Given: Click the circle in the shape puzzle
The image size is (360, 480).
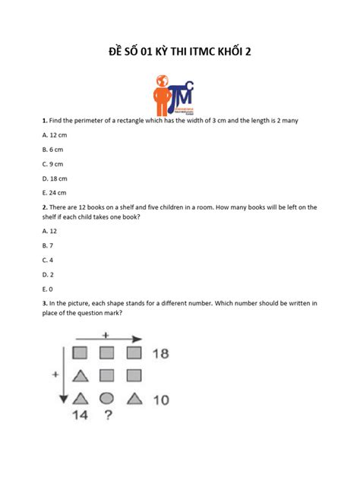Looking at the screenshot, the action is coord(107,398).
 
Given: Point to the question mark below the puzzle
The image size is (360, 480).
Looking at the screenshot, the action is coord(108,415).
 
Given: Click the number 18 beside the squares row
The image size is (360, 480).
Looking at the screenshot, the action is coord(160,353).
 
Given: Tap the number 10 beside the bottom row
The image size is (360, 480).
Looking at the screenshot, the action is coord(160,399).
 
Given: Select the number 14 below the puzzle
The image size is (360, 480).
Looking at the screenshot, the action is coord(81,415).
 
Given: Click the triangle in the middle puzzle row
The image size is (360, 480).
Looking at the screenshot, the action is coord(79,376).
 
